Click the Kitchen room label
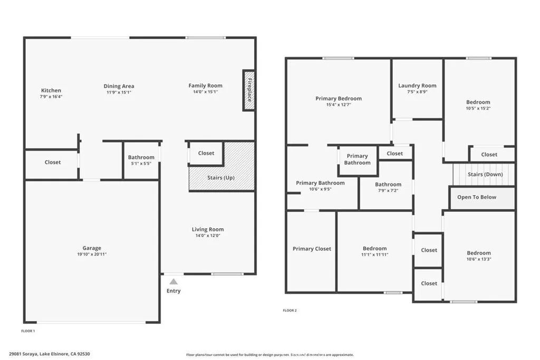(x=51, y=91)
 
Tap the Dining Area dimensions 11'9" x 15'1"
(x=119, y=92)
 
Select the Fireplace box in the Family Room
(x=249, y=90)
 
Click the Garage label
(x=92, y=248)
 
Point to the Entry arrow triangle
(x=173, y=281)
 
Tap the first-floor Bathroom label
(x=141, y=157)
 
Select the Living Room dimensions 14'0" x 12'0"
(x=208, y=236)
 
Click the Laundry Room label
(x=417, y=85)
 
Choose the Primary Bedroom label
(x=339, y=99)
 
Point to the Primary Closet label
(x=312, y=249)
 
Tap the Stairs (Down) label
(x=485, y=174)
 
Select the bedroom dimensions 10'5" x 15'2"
(x=478, y=109)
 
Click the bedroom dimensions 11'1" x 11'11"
(x=374, y=255)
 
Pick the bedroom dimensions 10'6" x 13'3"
(x=478, y=259)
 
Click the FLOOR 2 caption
(x=290, y=310)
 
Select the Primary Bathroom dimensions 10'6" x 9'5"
(x=320, y=189)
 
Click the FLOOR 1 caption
(x=27, y=331)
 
